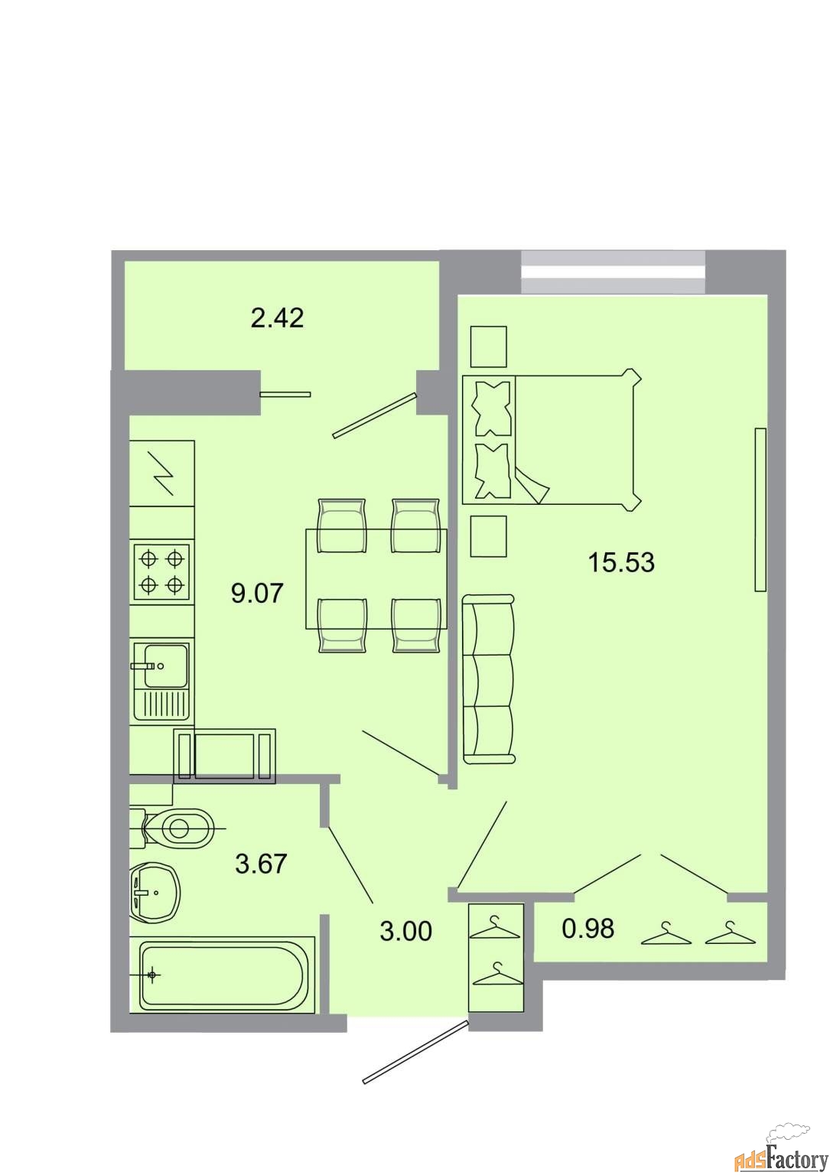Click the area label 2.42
click(277, 318)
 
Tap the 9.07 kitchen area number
click(257, 594)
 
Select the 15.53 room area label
click(621, 563)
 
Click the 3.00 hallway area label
click(405, 932)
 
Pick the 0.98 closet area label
click(588, 929)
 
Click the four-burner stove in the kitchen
click(161, 571)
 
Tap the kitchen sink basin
click(165, 666)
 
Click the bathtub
click(222, 975)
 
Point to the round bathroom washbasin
click(155, 891)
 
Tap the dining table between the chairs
click(376, 578)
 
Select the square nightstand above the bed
click(489, 347)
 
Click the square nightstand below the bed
click(489, 536)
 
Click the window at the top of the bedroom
click(613, 272)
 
